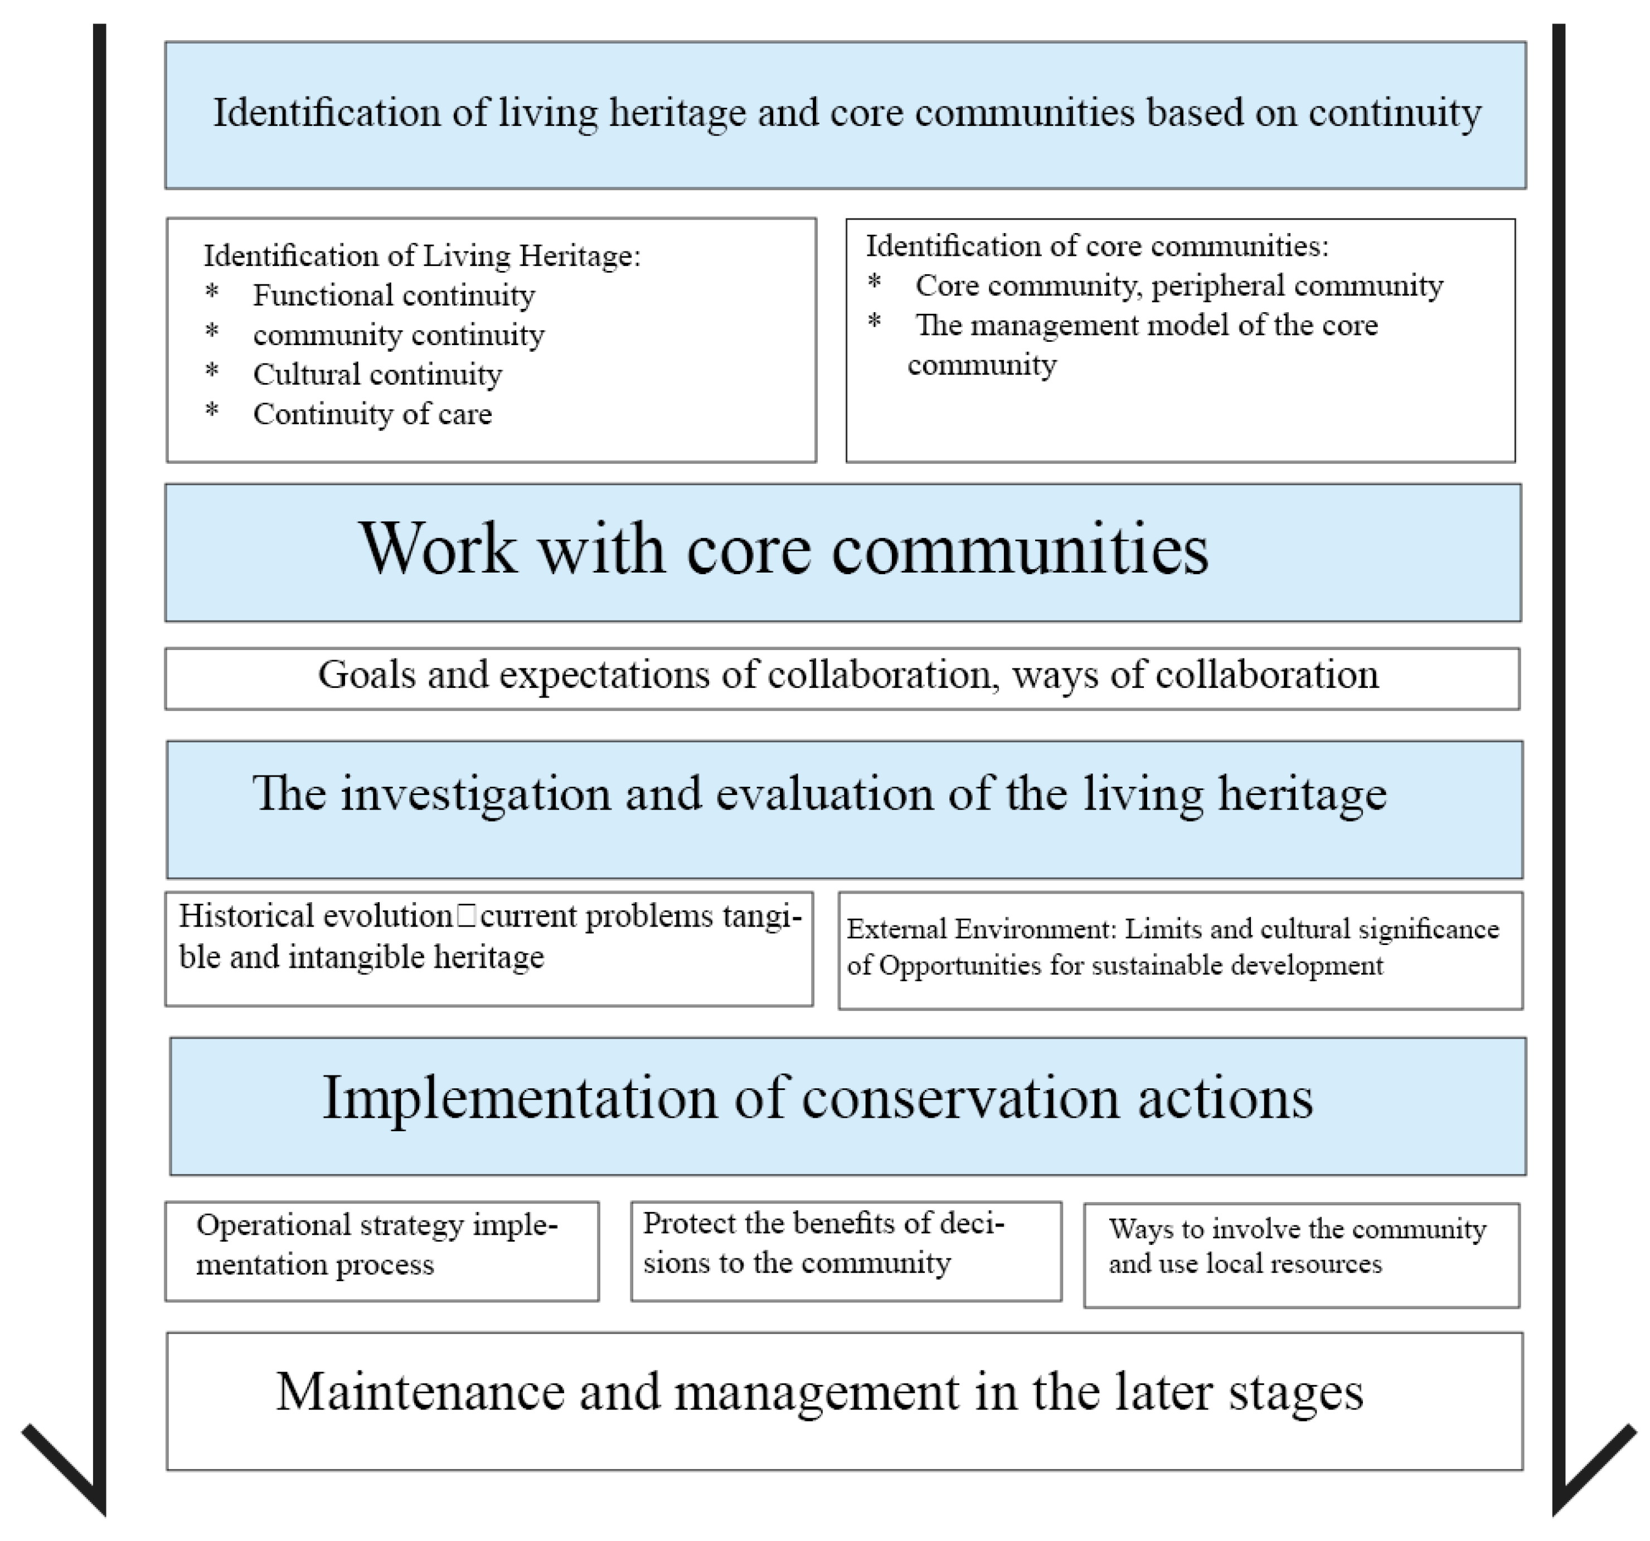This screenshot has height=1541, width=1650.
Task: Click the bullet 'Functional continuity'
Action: tap(394, 295)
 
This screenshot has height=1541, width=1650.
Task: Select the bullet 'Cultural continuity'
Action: tap(377, 375)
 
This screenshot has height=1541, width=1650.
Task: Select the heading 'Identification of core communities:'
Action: tap(1097, 246)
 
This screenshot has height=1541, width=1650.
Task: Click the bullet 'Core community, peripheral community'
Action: tap(1178, 285)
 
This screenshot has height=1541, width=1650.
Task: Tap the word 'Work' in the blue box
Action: tap(438, 549)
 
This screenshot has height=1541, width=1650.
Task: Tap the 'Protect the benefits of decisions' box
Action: tap(845, 1251)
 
